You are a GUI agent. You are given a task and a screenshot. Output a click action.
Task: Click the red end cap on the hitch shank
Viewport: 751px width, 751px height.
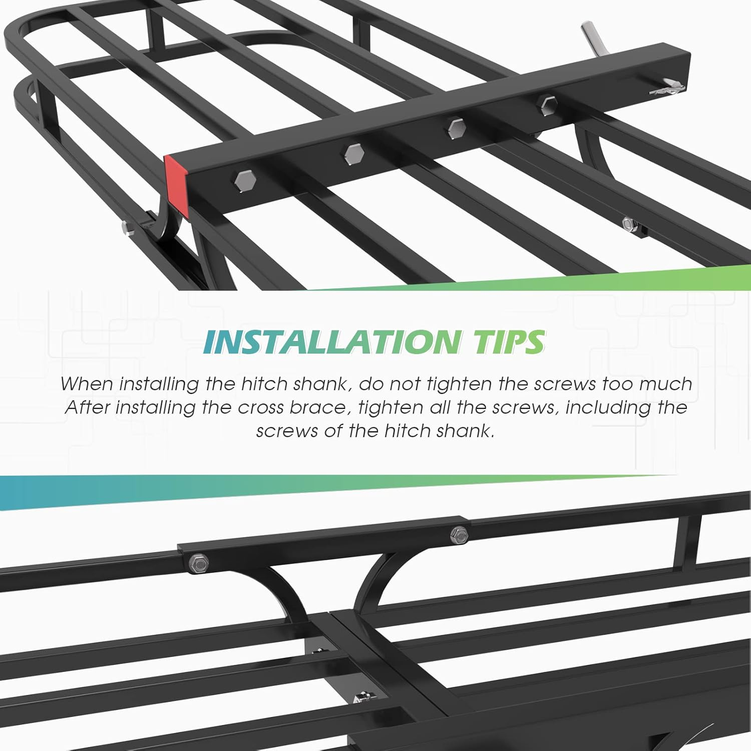[177, 185]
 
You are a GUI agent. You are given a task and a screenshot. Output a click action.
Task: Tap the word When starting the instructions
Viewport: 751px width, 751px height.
[86, 384]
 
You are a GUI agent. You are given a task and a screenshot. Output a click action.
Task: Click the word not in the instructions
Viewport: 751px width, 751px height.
[406, 384]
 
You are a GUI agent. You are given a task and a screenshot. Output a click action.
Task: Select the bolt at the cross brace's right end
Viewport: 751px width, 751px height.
[459, 535]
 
